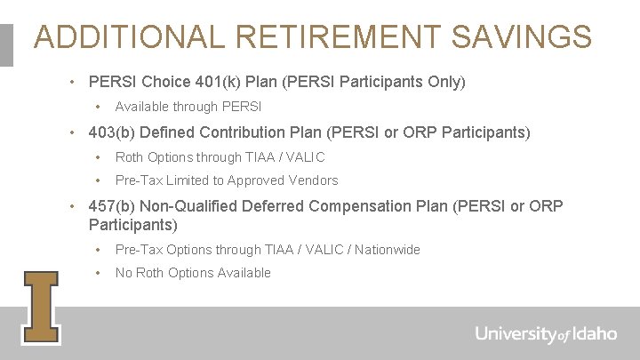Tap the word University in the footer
click(x=516, y=334)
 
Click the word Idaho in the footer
click(x=594, y=334)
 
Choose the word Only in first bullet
click(x=441, y=82)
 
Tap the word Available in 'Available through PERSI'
click(x=142, y=107)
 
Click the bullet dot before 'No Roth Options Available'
click(x=100, y=273)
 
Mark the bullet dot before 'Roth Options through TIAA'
click(x=100, y=157)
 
